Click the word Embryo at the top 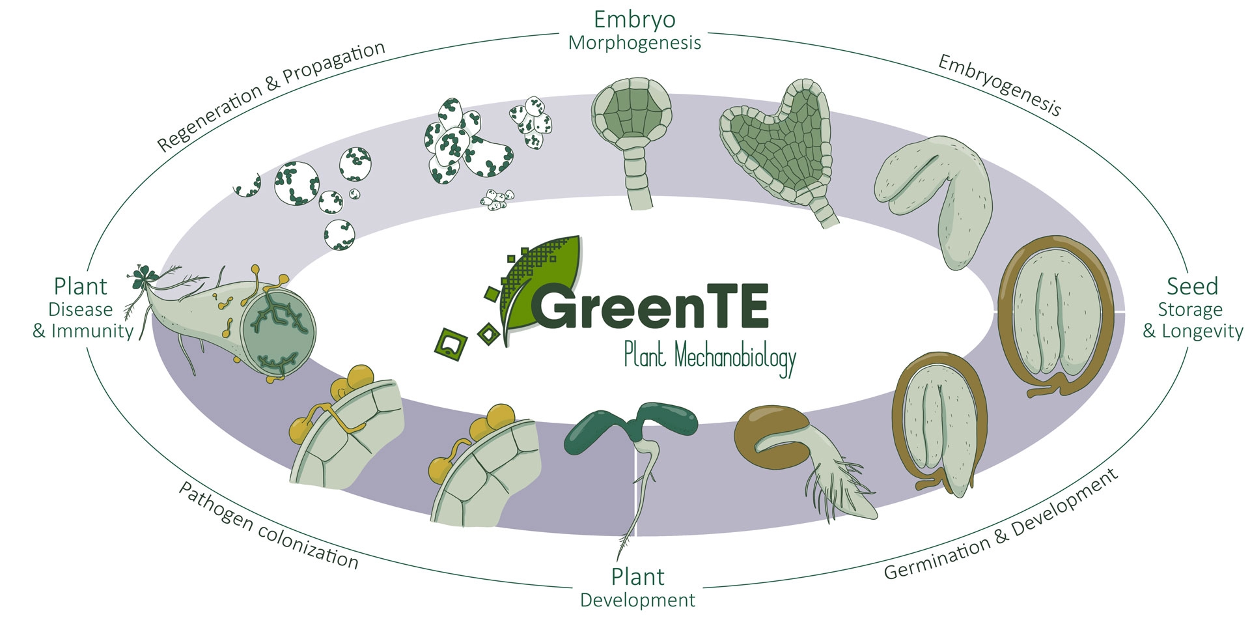[x=634, y=20]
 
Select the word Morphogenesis [x=634, y=43]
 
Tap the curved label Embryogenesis [x=999, y=85]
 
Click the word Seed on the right [x=1192, y=286]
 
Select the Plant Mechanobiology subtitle [x=710, y=357]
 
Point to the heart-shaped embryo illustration [x=777, y=150]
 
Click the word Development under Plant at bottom [x=637, y=600]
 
